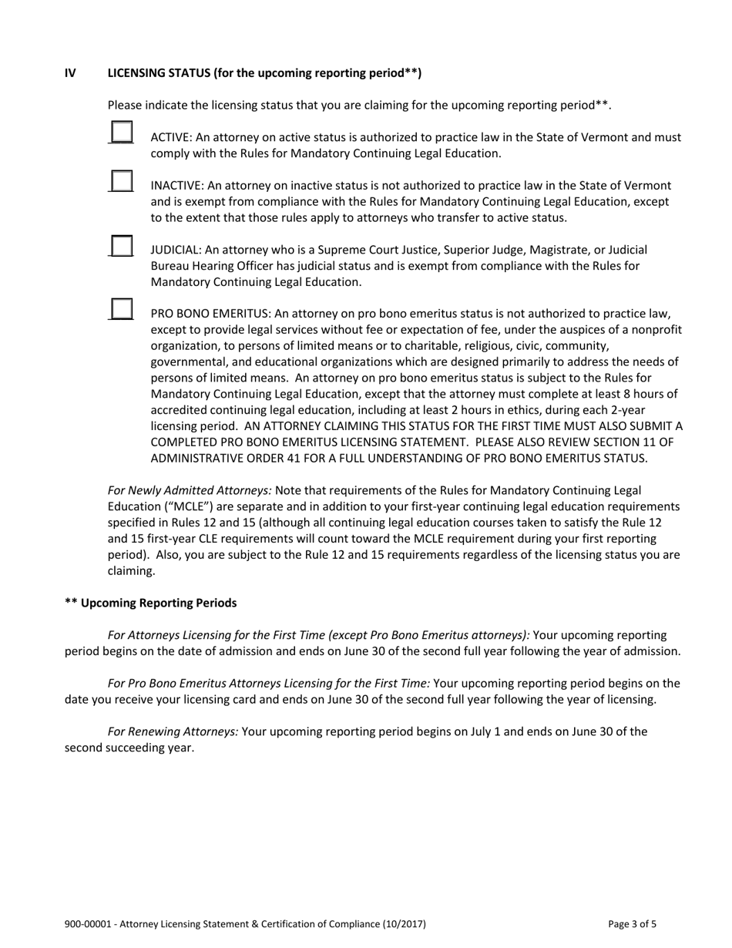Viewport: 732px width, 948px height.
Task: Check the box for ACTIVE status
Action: coord(121,132)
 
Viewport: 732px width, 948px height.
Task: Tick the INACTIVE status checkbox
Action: coord(121,181)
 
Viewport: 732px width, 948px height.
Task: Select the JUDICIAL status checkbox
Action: coord(121,245)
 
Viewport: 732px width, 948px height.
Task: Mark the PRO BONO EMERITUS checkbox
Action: coord(121,308)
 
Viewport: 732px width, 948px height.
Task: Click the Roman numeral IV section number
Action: coord(70,73)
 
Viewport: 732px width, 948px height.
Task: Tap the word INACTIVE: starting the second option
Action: coord(176,186)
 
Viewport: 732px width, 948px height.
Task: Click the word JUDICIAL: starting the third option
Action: coord(175,250)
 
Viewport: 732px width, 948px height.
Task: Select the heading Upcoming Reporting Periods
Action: coord(158,603)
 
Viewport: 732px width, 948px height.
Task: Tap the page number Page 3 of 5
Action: coord(633,924)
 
